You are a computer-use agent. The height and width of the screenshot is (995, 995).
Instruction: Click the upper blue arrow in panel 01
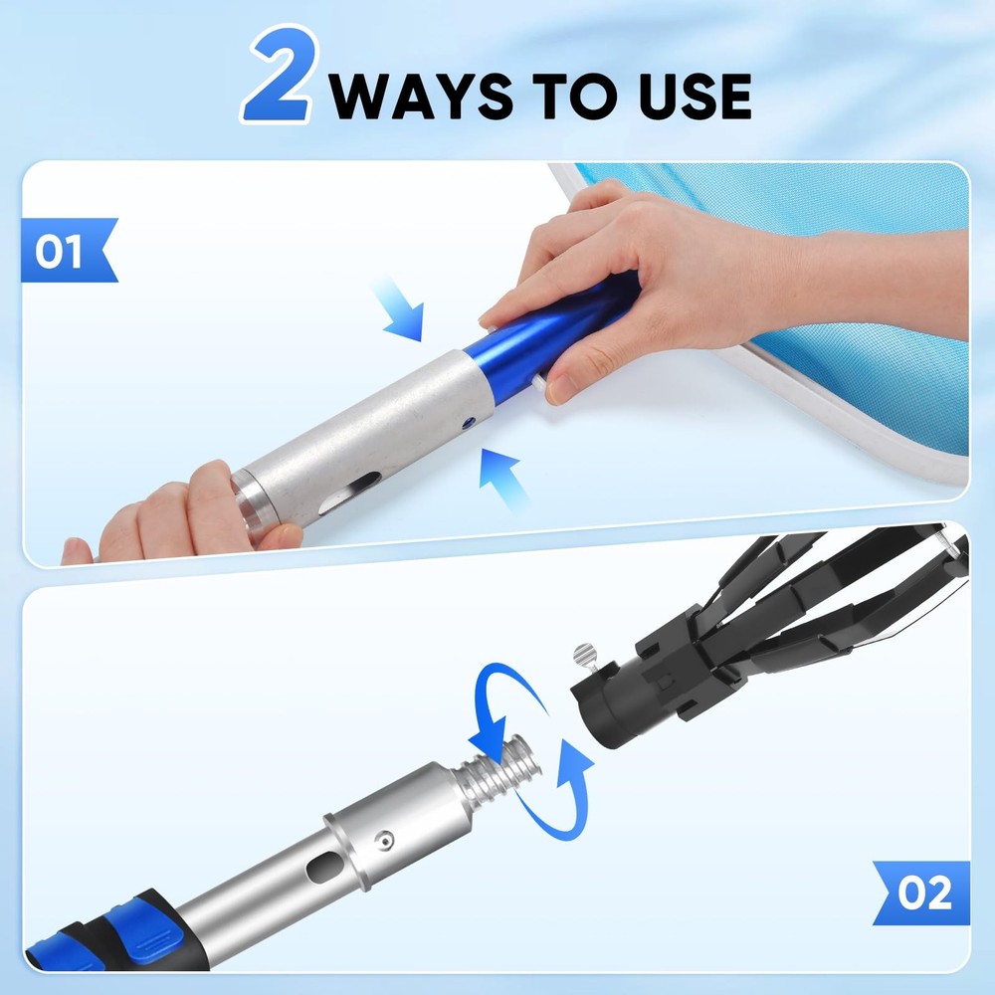pos(402,309)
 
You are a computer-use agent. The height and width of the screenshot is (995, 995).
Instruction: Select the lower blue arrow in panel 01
pos(503,476)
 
